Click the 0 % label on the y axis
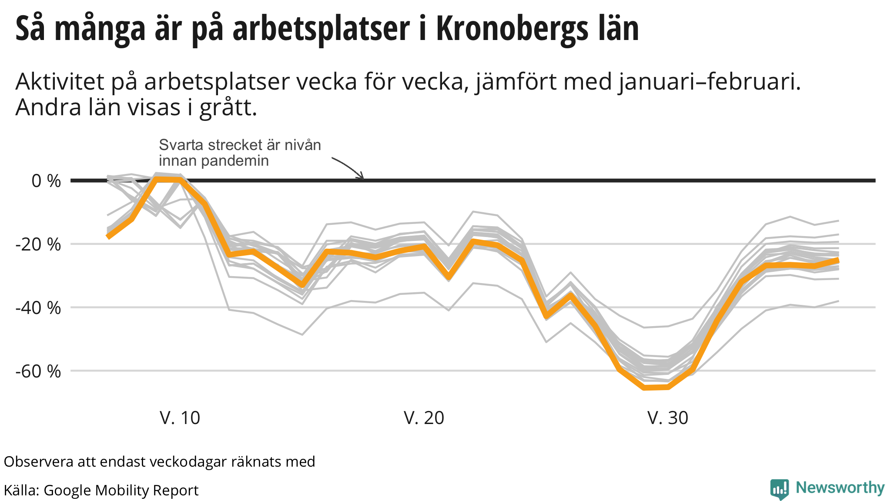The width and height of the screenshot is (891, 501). coord(46,181)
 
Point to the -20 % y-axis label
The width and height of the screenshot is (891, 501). coord(38,244)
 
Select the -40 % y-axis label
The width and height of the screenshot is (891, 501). coord(38,308)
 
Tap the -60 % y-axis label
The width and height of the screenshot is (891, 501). coord(38,371)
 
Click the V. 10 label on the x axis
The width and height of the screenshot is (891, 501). coord(180,418)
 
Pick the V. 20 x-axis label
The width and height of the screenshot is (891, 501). coord(424,418)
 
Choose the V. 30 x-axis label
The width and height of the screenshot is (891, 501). coord(668,418)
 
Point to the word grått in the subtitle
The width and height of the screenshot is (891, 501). coord(228,108)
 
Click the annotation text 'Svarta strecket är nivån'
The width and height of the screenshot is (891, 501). coord(240,145)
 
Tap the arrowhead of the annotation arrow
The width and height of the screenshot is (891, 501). coord(362,177)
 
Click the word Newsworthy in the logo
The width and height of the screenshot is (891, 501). coord(840,488)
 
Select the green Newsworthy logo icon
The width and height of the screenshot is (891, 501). coord(779,489)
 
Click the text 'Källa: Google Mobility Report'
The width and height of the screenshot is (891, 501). coord(101,490)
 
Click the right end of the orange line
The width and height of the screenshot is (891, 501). coord(837,260)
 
